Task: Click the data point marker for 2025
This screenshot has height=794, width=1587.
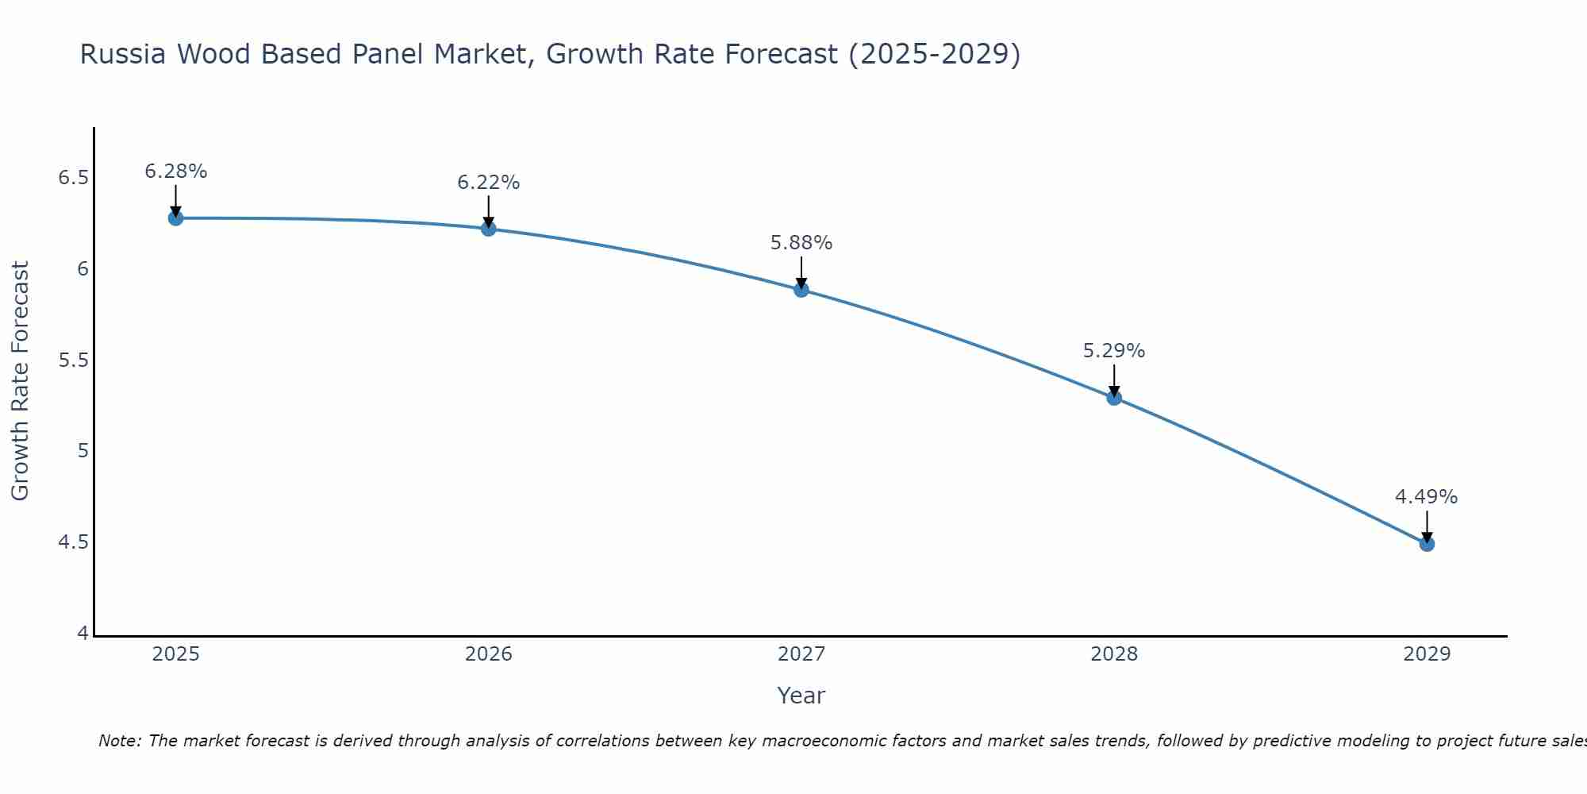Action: coord(175,218)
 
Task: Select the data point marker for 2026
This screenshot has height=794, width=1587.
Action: coord(489,229)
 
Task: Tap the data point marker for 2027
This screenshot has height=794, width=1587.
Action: coord(801,290)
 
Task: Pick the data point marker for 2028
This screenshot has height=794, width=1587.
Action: coord(1114,398)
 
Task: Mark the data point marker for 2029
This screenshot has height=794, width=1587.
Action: coord(1427,544)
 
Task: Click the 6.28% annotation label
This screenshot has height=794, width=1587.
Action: coord(175,172)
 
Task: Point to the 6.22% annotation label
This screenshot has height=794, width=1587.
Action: coord(489,183)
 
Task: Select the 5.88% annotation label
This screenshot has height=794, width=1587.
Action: coord(801,243)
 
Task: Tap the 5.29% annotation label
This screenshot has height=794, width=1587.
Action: coord(1114,351)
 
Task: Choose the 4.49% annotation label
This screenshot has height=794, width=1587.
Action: coord(1427,497)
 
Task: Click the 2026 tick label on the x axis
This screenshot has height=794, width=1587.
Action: coord(489,654)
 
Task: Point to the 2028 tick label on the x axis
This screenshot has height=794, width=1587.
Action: coord(1114,654)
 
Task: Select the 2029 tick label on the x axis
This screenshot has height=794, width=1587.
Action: coord(1427,654)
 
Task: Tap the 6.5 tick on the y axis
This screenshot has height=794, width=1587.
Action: coord(73,178)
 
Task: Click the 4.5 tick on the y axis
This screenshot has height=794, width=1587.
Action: coord(73,543)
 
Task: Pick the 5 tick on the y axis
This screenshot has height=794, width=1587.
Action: coord(83,452)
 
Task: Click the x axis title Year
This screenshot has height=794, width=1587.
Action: coord(801,696)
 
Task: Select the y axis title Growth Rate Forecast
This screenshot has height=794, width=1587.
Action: coord(20,381)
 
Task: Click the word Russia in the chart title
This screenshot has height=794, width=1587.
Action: coord(123,54)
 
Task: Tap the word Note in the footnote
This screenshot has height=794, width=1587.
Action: coord(119,741)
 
